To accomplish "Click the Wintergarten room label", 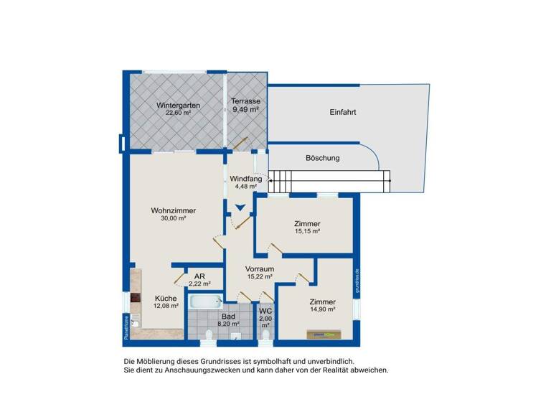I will tap(178, 105).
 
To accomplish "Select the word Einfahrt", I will tap(344, 113).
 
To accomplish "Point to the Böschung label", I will tap(323, 158).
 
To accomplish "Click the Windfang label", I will tap(245, 179).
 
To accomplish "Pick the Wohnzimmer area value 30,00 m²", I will tap(174, 218).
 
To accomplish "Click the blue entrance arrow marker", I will tap(241, 208).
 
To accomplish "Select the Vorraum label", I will tap(259, 268).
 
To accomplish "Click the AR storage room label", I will tap(199, 276).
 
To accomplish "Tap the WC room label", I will tap(265, 311).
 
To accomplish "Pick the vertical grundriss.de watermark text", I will tap(357, 282).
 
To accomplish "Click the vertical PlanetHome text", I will tap(126, 326).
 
